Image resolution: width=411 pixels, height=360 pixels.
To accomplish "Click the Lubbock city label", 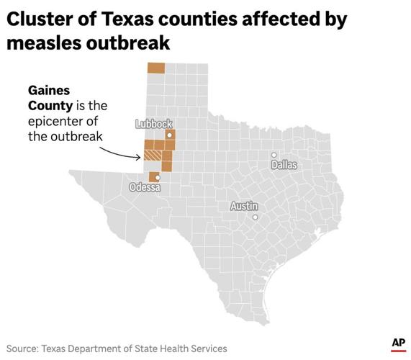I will [153, 124].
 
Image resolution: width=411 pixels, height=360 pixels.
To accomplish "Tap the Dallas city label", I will [284, 165].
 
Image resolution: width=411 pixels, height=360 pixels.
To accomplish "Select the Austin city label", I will [243, 206].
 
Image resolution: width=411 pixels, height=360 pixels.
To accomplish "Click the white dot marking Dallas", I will [274, 155].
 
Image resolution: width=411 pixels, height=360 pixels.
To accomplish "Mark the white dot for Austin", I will [255, 217].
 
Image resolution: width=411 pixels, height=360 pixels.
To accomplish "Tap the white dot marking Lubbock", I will [169, 135].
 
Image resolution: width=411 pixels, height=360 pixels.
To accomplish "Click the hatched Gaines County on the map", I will [152, 154].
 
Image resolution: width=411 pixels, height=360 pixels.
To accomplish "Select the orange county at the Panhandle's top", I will [155, 68].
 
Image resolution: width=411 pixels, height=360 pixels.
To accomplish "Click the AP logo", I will [398, 343].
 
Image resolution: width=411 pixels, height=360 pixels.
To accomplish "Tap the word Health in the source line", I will [173, 348].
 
